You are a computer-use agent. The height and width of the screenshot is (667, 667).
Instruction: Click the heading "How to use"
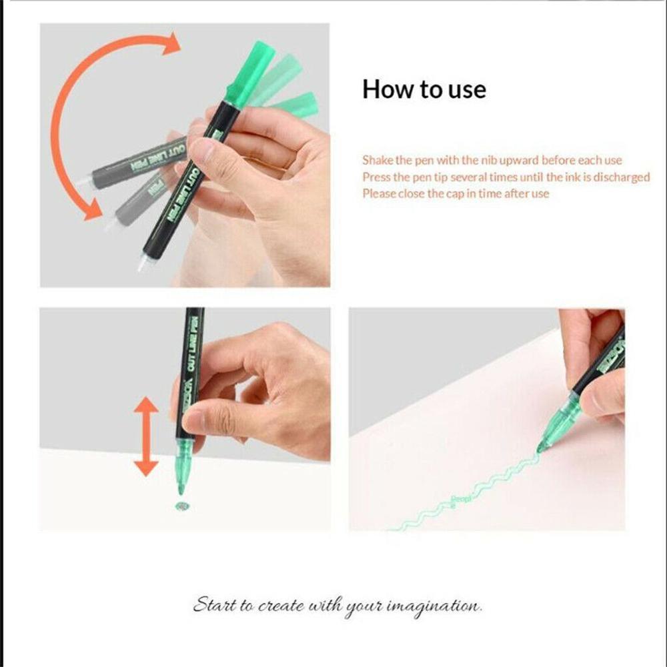click(x=424, y=89)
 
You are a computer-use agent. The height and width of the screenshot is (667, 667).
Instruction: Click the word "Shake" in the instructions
click(x=377, y=160)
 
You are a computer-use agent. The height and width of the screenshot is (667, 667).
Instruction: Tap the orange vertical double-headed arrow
click(x=146, y=437)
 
